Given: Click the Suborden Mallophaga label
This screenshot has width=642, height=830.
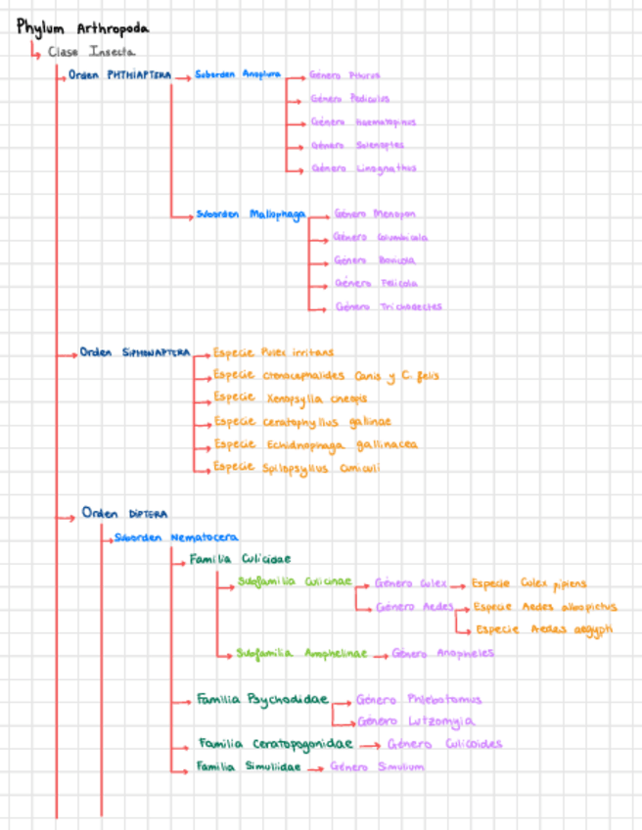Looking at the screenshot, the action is point(251,214).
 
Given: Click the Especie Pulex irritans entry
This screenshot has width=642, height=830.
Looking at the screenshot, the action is point(273,352).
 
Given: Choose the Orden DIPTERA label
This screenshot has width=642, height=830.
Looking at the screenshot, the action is point(125,514).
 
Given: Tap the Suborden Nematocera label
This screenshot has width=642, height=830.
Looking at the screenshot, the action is point(176,537).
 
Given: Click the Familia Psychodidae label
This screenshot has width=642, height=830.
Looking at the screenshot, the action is point(260,700).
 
